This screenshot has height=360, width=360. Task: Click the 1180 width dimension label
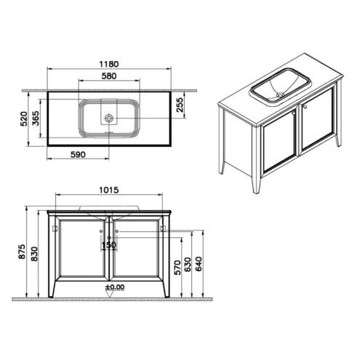109,64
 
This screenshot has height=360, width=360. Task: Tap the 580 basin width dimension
109,76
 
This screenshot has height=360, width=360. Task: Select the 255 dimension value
180,105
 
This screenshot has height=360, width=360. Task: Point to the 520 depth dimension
24,119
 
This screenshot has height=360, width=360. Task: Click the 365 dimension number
36,119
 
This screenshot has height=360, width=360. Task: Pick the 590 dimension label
78,154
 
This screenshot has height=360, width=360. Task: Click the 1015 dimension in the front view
109,190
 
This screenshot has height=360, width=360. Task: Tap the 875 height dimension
22,252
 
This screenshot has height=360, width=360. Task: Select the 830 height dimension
35,254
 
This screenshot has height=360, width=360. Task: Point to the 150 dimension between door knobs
109,245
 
